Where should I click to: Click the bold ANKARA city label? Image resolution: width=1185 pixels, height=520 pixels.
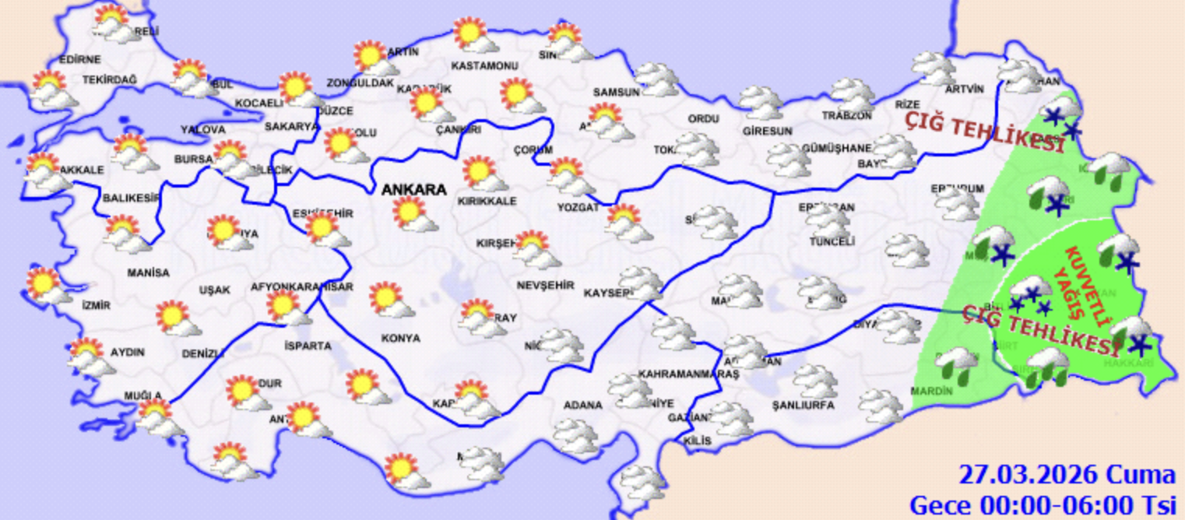pos(413,190)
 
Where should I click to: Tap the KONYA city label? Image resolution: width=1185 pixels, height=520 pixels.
pos(401,339)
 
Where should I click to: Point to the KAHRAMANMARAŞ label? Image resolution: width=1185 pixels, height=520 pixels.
pos(677,374)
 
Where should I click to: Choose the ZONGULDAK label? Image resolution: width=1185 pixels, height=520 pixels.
pos(360,83)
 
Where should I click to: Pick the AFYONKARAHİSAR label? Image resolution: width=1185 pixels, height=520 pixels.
pos(301,287)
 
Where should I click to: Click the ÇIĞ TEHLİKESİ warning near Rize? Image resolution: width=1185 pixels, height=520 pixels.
pos(984,132)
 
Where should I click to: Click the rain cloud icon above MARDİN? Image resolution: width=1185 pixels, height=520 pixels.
pos(958,364)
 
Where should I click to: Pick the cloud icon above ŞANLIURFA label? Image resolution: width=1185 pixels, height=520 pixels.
pos(815,381)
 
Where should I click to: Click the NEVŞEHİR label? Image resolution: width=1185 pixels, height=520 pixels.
pos(545,286)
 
